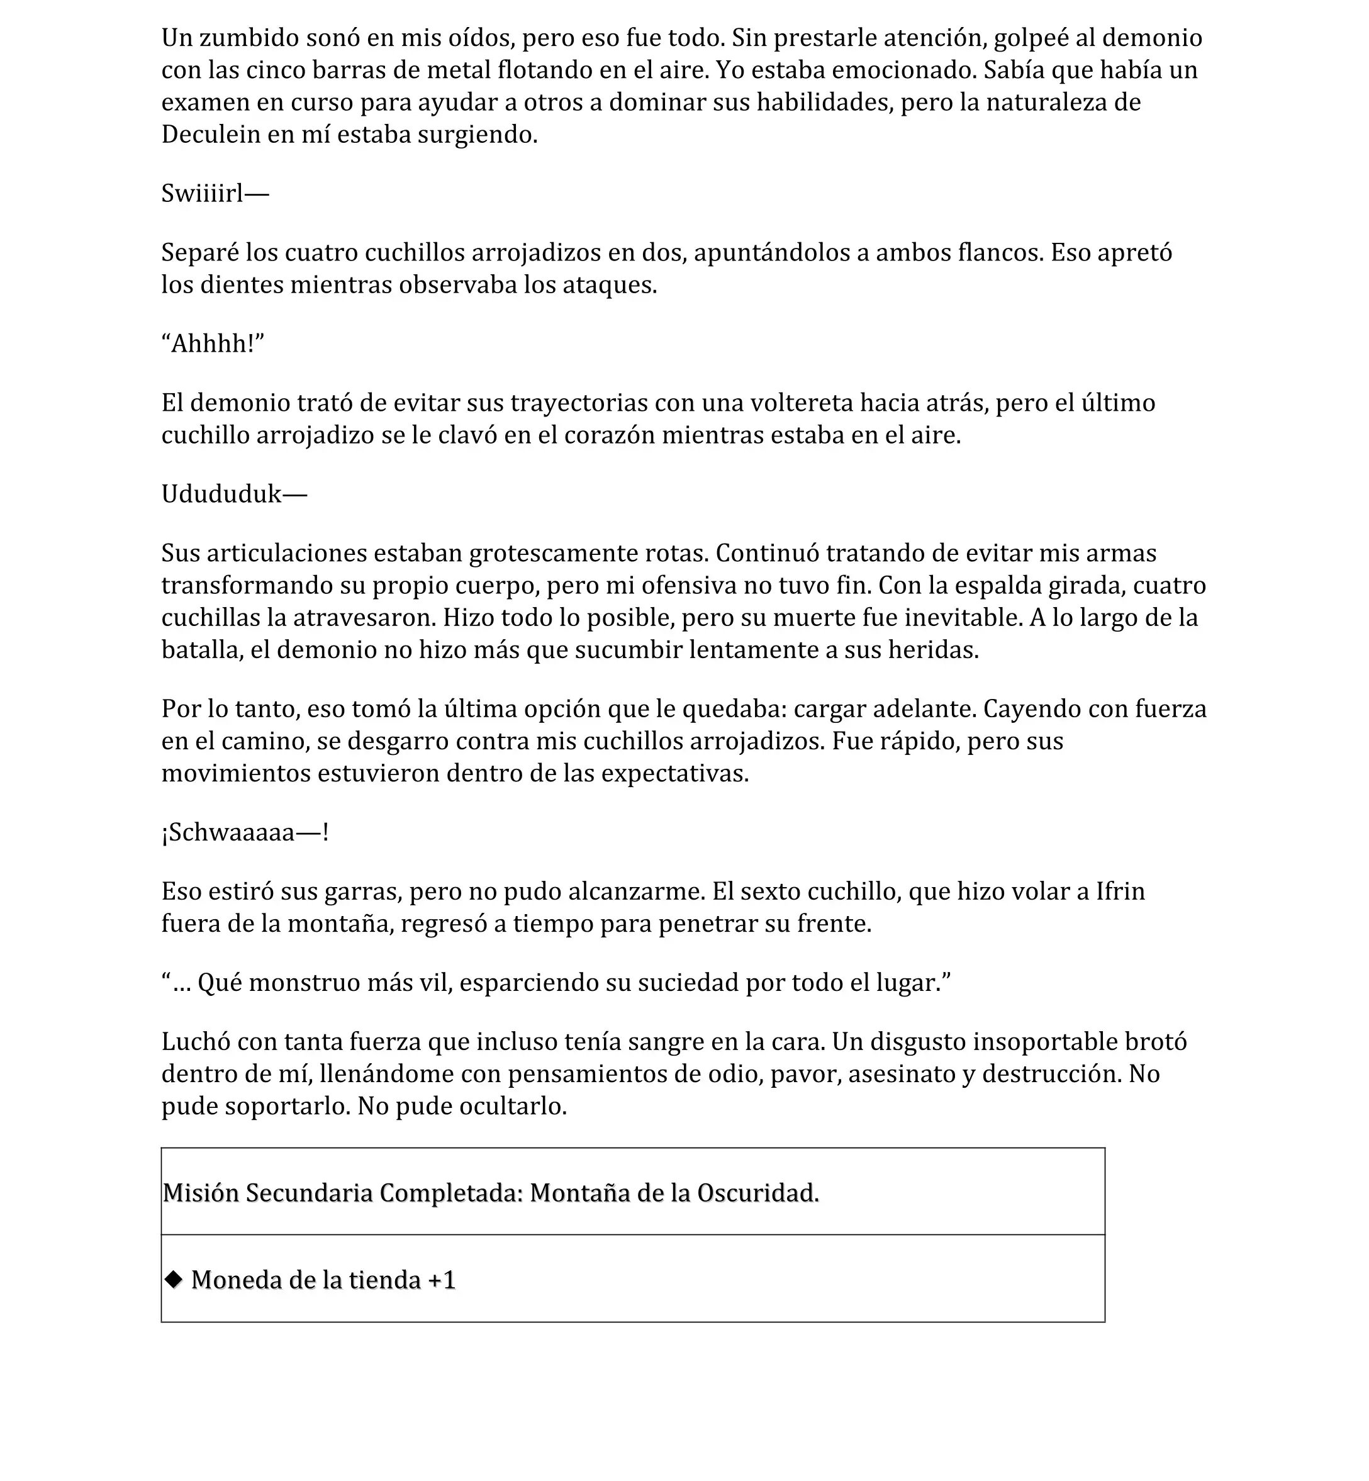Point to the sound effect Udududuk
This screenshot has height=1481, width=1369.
221,494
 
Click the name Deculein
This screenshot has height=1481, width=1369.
211,134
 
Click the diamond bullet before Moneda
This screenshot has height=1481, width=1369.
174,1279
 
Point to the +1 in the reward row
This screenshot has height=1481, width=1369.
442,1280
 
